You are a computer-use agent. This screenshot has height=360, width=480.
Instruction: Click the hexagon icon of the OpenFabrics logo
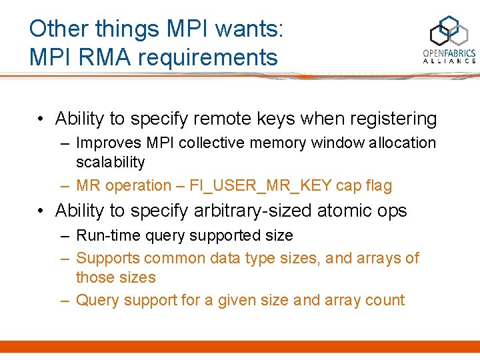pyautogui.click(x=449, y=33)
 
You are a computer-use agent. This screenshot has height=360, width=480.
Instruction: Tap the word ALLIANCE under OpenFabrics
pyautogui.click(x=449, y=61)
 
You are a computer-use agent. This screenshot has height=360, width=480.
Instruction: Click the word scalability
pyautogui.click(x=110, y=162)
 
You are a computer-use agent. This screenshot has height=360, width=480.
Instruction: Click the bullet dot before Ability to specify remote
pyautogui.click(x=41, y=119)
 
